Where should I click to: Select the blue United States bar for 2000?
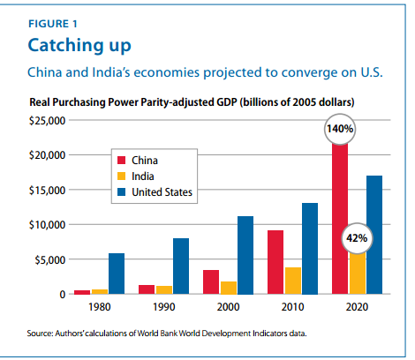245,255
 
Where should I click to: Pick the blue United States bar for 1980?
117,274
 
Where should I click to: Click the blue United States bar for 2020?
374,235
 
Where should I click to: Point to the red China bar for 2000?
211,281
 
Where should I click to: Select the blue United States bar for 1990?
181,266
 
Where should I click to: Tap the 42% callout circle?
356,238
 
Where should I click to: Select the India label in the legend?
143,176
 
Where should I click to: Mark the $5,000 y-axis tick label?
50,259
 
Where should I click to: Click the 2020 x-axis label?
357,307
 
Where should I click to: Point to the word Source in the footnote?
41,333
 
